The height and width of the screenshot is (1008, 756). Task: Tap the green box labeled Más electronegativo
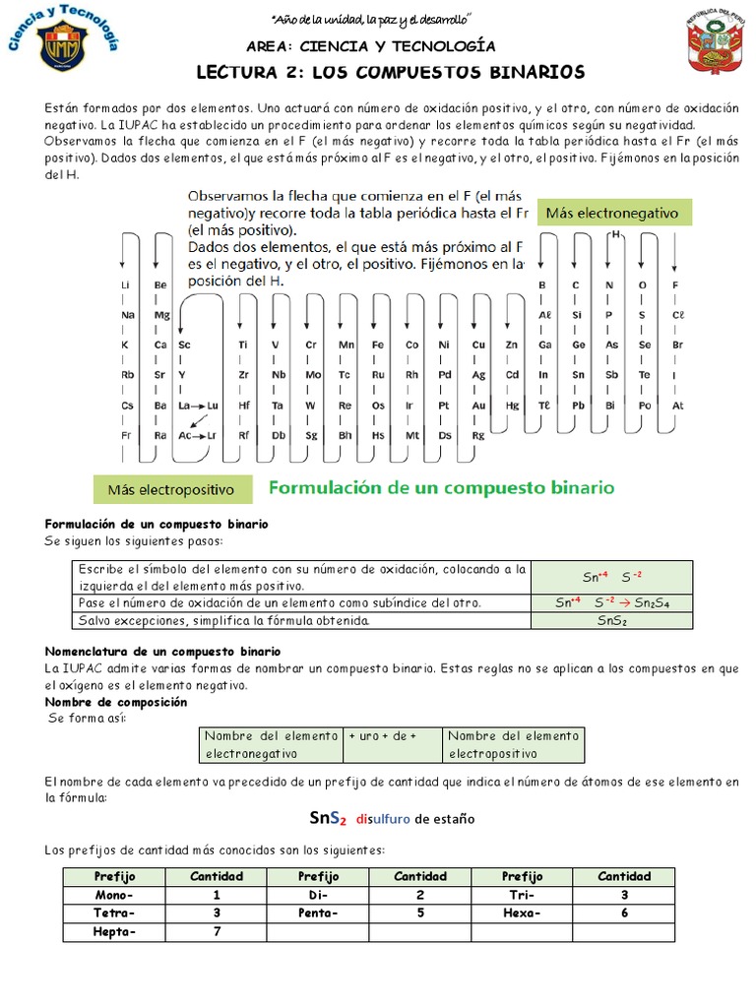pyautogui.click(x=612, y=213)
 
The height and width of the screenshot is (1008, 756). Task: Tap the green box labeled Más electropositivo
pyautogui.click(x=171, y=489)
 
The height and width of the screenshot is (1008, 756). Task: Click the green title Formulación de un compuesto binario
pyautogui.click(x=442, y=487)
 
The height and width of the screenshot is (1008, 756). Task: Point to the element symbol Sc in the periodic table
pyautogui.click(x=184, y=345)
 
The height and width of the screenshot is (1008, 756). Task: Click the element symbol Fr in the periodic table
pyautogui.click(x=126, y=434)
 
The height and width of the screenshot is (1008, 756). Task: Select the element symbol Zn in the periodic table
pyautogui.click(x=511, y=345)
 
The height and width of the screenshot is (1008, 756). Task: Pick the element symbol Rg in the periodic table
pyautogui.click(x=478, y=434)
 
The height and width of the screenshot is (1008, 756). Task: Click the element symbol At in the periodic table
pyautogui.click(x=677, y=405)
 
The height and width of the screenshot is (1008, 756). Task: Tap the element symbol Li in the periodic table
pyautogui.click(x=126, y=284)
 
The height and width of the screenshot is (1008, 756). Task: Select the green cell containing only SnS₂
pyautogui.click(x=611, y=621)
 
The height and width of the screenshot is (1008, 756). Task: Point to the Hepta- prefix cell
pyautogui.click(x=114, y=931)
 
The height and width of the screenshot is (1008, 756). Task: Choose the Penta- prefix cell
pyautogui.click(x=318, y=913)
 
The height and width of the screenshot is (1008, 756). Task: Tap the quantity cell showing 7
pyautogui.click(x=216, y=931)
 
